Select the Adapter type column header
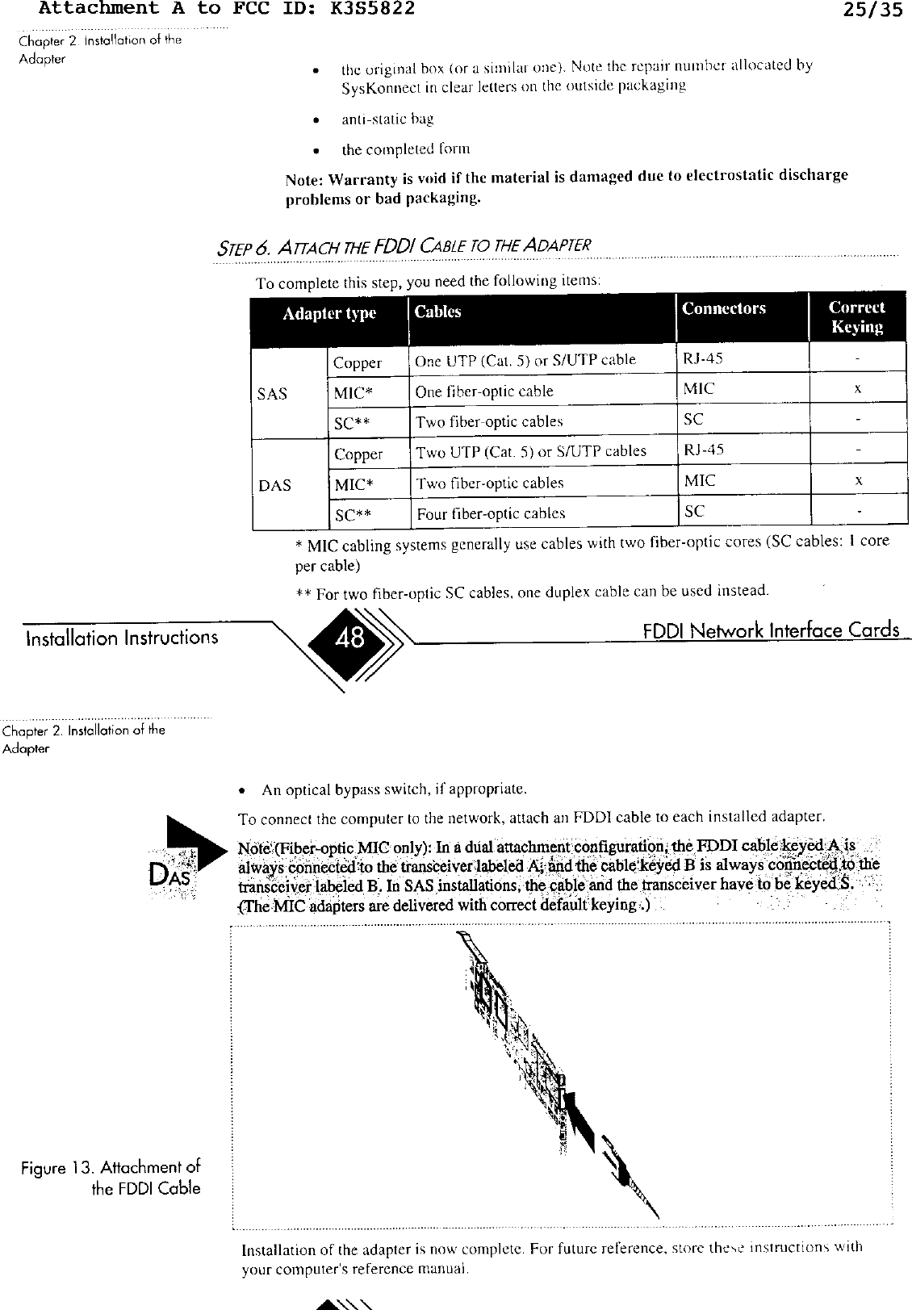click(x=329, y=314)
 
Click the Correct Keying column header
click(x=856, y=317)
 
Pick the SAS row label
click(x=272, y=394)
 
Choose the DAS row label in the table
click(x=274, y=485)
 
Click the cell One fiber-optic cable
click(x=484, y=391)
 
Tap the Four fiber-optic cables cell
click(x=491, y=513)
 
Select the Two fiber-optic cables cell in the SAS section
click(x=489, y=421)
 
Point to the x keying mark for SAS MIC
click(x=859, y=389)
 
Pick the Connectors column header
click(x=724, y=308)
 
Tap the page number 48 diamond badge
click(x=349, y=639)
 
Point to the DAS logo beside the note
click(x=171, y=874)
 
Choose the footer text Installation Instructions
click(x=121, y=638)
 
